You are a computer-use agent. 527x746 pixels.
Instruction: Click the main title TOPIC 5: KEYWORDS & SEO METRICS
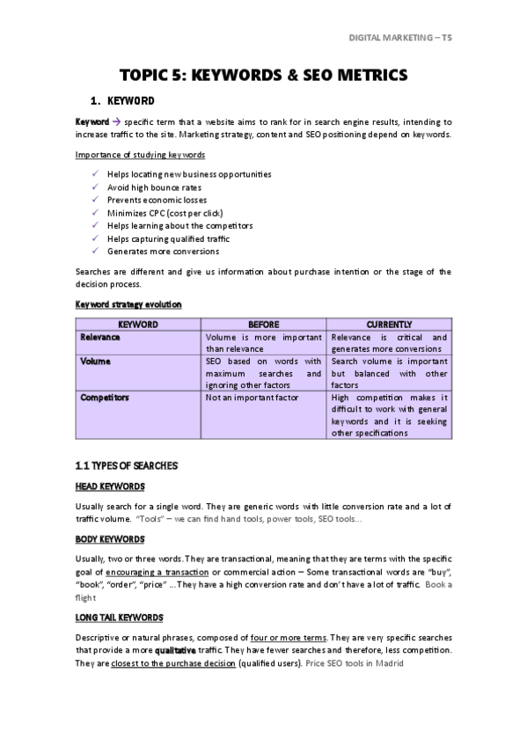click(263, 76)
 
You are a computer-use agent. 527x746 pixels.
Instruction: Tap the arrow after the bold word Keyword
click(116, 121)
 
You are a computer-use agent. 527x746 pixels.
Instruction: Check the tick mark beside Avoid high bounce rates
click(96, 187)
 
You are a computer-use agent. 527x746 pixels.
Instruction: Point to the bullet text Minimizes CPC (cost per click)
click(165, 213)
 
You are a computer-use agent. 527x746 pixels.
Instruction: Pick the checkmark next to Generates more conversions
click(96, 252)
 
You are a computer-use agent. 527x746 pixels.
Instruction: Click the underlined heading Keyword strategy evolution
click(128, 304)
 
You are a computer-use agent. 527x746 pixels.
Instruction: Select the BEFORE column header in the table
click(264, 325)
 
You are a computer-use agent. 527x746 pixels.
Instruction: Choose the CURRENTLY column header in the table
click(389, 325)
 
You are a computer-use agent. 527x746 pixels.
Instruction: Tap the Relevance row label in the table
click(100, 338)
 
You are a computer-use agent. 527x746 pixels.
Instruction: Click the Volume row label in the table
click(95, 362)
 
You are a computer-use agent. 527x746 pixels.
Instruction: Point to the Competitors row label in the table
click(105, 398)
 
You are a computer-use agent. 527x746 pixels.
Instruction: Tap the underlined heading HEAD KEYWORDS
click(110, 486)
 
